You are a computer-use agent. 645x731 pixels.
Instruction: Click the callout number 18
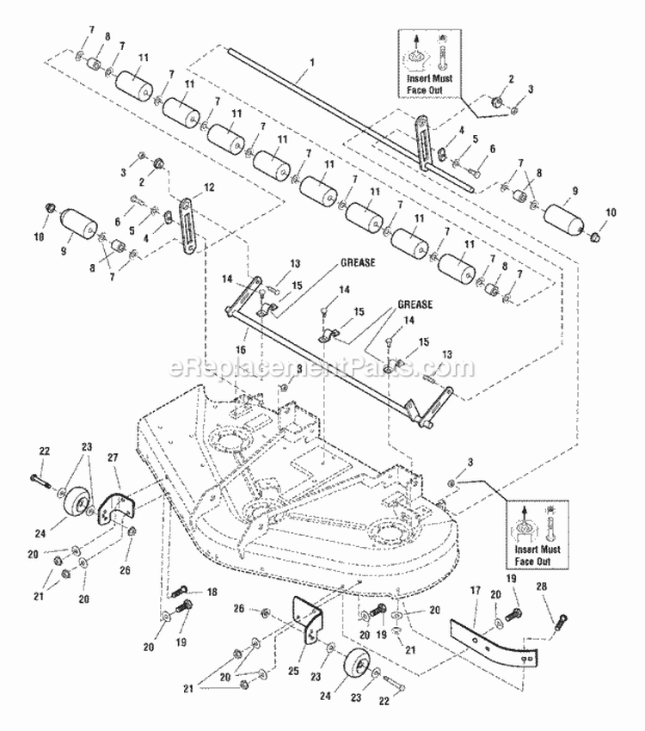point(212,592)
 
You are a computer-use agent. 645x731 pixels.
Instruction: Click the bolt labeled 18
point(185,592)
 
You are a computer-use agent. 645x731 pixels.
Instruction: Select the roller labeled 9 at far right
point(565,217)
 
